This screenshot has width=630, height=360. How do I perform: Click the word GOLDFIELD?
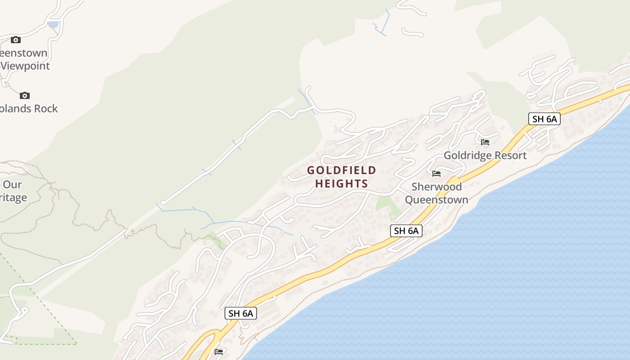click(x=342, y=170)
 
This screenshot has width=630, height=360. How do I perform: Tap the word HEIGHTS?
click(x=342, y=184)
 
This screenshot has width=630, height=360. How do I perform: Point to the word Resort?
click(x=511, y=156)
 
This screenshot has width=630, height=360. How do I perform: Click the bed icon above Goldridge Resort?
click(x=485, y=142)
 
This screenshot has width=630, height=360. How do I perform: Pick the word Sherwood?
click(x=436, y=187)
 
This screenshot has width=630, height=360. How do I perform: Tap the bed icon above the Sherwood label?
click(x=436, y=174)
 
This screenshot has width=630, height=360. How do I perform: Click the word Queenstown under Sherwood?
click(x=436, y=200)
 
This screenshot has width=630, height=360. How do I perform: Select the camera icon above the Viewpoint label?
click(x=16, y=40)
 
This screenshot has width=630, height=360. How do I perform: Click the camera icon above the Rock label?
click(x=25, y=95)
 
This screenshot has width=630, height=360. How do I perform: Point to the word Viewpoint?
click(x=25, y=66)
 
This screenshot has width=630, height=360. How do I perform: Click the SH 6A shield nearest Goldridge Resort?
click(x=544, y=119)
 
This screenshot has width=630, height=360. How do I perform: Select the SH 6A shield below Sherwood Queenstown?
click(x=406, y=231)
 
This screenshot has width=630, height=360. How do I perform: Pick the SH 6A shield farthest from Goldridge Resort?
click(x=241, y=314)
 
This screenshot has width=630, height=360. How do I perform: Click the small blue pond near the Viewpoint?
click(x=54, y=24)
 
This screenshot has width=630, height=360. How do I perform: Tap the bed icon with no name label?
click(x=219, y=352)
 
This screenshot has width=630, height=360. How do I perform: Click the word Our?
click(x=12, y=184)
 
